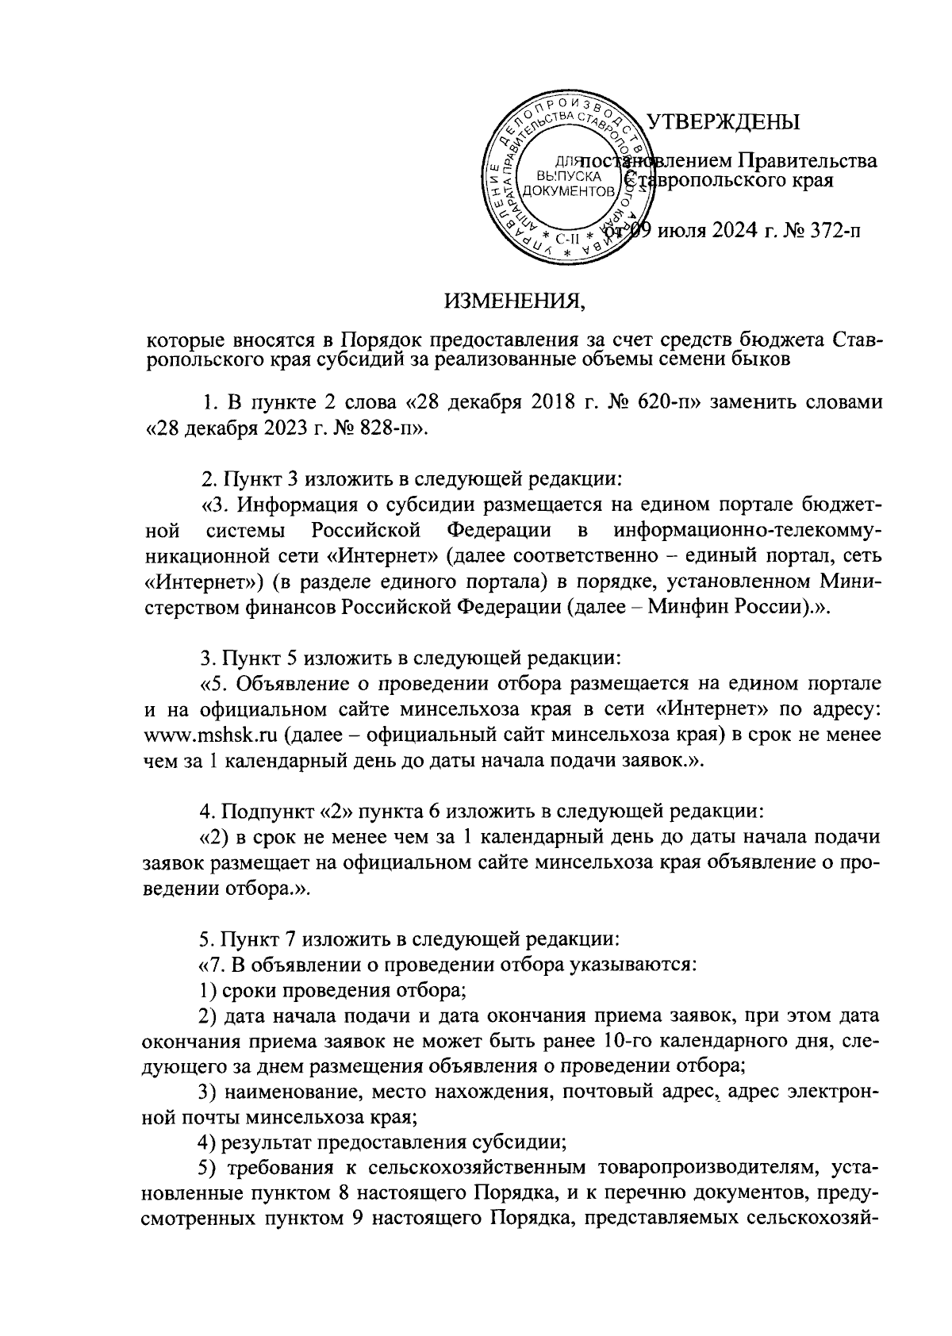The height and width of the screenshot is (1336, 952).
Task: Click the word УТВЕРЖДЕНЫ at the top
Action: click(724, 122)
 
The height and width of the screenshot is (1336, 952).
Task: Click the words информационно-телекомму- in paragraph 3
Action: click(747, 528)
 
